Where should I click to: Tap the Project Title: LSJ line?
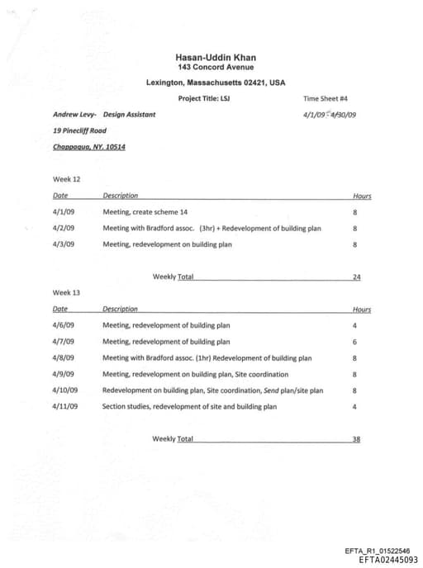[203, 98]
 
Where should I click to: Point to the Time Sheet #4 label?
[326, 98]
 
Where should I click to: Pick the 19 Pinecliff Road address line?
[79, 130]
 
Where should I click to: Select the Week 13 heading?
[67, 292]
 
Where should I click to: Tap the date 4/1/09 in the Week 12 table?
[63, 212]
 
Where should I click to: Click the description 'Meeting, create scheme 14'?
[145, 212]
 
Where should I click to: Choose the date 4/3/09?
[63, 244]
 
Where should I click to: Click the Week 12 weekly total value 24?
[356, 277]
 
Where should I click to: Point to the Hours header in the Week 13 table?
[362, 310]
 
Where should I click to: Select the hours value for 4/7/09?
[354, 342]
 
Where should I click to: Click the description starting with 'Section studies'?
[189, 406]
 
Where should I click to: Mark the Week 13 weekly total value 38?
[356, 438]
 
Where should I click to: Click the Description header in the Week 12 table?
[121, 196]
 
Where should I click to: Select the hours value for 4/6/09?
[354, 325]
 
